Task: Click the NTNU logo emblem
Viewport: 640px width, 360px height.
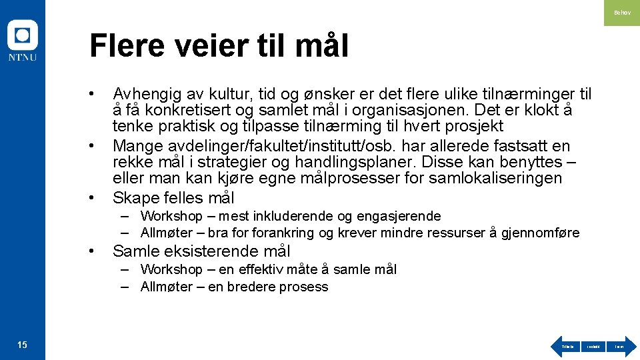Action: coord(22,35)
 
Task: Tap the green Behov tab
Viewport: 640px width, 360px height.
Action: coord(621,13)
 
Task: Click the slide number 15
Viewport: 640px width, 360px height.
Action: coord(22,345)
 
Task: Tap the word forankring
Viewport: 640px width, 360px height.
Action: coord(283,233)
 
